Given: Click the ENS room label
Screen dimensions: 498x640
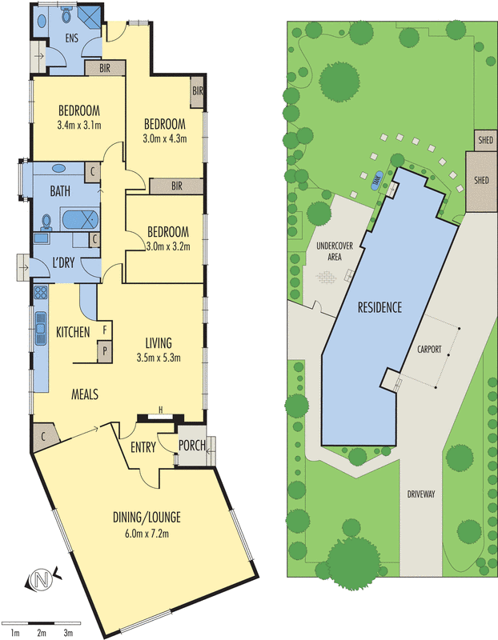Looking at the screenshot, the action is point(72,38).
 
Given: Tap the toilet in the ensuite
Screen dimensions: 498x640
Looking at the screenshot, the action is point(66,14).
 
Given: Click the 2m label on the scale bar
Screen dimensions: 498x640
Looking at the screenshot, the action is point(42,634).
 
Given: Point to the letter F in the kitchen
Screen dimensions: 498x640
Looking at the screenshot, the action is point(105,330).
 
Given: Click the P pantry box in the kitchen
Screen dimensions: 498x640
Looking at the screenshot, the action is point(105,350).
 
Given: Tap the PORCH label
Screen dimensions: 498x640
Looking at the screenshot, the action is point(192,445).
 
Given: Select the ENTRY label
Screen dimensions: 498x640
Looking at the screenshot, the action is point(143,447).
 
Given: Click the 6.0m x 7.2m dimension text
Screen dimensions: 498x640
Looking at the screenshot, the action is point(147,533).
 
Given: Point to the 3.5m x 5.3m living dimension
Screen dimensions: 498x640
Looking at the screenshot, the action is point(159,358).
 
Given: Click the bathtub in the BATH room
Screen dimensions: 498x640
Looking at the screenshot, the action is point(79,219).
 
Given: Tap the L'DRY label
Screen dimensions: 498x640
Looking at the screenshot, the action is point(63,262).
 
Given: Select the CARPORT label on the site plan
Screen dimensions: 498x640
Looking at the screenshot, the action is point(429,350).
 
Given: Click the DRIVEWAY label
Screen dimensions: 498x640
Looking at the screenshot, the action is point(421,494).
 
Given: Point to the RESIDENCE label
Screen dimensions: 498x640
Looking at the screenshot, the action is point(380,307).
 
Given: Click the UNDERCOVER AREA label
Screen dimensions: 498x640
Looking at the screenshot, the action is point(335,251).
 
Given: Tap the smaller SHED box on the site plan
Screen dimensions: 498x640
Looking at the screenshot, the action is point(486,141).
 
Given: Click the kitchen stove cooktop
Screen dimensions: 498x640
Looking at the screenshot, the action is point(41,291).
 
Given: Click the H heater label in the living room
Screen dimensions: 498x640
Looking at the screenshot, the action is point(161,410).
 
